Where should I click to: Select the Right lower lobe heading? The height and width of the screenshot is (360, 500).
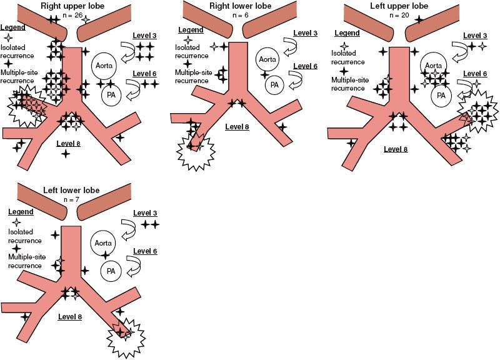pyautogui.click(x=236, y=6)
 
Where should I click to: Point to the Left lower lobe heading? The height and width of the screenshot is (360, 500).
pyautogui.click(x=69, y=189)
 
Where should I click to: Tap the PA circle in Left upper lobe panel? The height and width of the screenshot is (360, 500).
pyautogui.click(x=442, y=95)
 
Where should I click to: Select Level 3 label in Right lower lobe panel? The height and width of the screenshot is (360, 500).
pyautogui.click(x=304, y=32)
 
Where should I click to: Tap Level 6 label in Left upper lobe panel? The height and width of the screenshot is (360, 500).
pyautogui.click(x=474, y=73)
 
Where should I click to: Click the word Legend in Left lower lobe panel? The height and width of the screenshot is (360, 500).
pyautogui.click(x=20, y=212)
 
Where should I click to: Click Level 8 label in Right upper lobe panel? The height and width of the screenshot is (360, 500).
pyautogui.click(x=69, y=143)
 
